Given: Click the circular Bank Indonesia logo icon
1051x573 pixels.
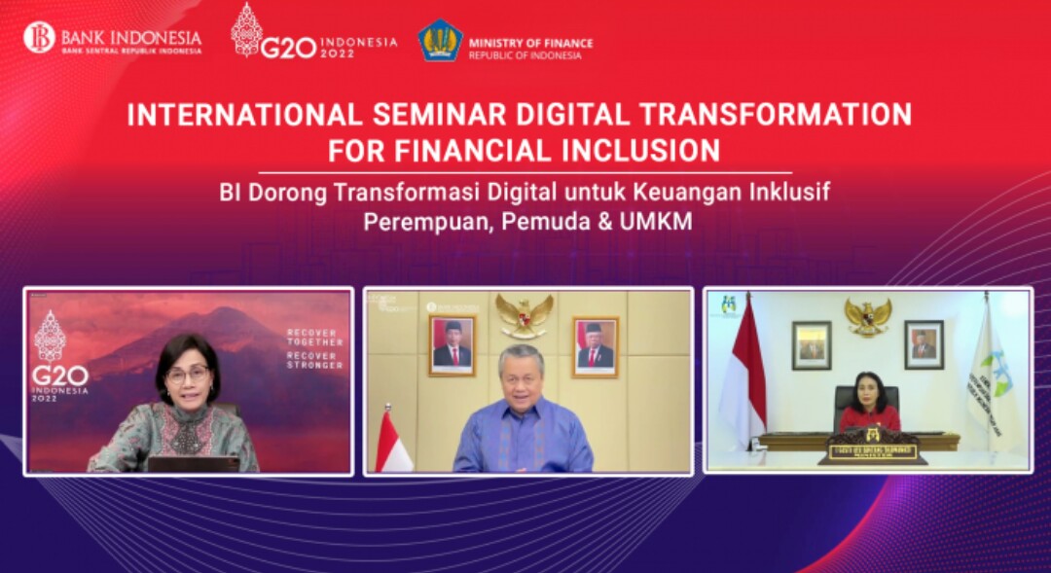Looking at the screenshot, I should pos(40,38).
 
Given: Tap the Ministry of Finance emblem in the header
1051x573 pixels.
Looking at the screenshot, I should pos(440,41).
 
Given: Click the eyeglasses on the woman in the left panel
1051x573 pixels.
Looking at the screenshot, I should pos(187,375).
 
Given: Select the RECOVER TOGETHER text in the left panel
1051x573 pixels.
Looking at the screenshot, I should pos(314,338).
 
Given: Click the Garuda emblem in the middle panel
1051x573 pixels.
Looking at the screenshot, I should pos(525,315).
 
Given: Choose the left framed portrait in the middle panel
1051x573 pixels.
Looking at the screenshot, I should pos(452,345).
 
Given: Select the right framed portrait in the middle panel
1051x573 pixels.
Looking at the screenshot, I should pos(596,345).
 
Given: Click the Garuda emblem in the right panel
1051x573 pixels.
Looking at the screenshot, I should pos(867,316).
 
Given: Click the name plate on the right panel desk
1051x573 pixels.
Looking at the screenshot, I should pos(873,451).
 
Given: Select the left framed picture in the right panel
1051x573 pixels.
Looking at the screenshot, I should pos(811,344).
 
